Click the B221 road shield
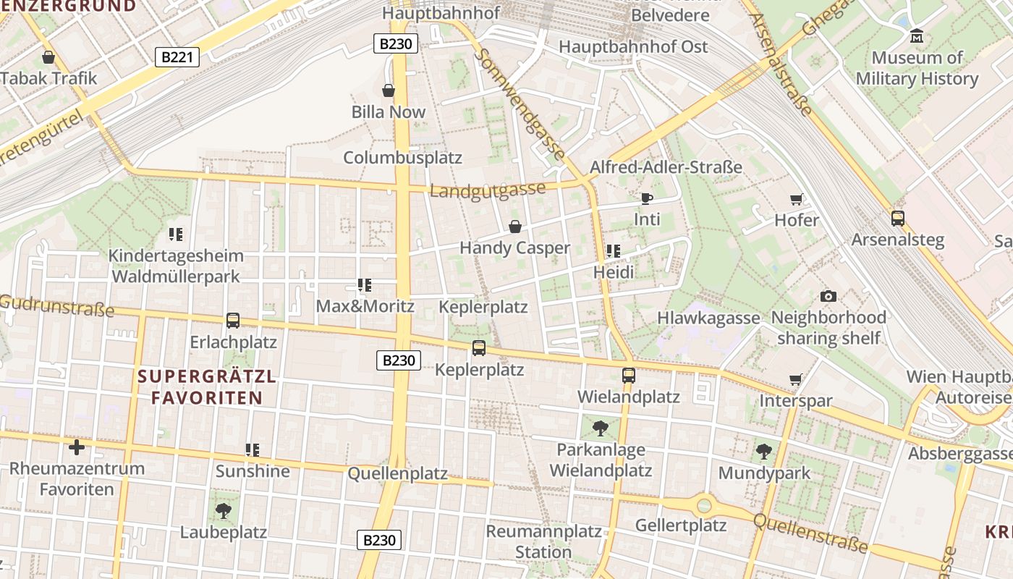coord(177,56)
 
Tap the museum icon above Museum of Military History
coord(917,35)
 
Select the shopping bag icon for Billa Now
coord(389,90)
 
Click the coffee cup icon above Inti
coord(646,198)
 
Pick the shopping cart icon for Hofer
coord(797,199)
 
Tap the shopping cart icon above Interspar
coord(796,379)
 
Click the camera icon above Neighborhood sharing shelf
coord(828,296)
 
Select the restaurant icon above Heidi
coord(614,251)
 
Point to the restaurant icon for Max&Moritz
coord(365,285)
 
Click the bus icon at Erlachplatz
coord(233,320)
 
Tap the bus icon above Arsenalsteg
coord(898,218)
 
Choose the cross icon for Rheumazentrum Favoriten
coord(77,447)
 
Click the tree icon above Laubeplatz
coord(224,511)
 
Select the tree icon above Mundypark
coord(764,452)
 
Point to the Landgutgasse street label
coord(488,190)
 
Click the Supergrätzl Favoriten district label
coord(207,387)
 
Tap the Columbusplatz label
coord(402,158)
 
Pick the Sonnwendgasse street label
coord(521,104)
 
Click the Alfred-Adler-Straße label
coord(666,167)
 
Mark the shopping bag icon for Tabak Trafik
coord(48,56)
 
